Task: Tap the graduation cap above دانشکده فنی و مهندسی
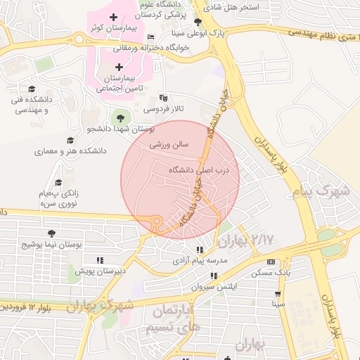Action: click(32, 89)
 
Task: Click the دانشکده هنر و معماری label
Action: click(70, 151)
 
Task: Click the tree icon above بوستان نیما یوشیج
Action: click(51, 233)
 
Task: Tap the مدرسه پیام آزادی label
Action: click(201, 261)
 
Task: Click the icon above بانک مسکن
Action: click(271, 261)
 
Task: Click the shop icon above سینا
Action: click(278, 294)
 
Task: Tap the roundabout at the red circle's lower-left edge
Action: click(157, 222)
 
